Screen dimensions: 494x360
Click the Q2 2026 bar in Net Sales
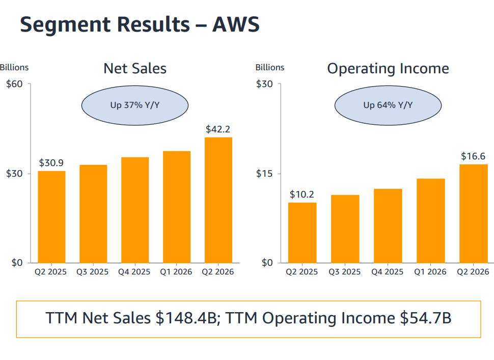point(218,200)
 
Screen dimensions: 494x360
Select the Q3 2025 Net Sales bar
point(93,214)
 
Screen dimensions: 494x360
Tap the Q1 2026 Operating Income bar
point(431,221)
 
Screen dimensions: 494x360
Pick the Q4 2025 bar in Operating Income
point(388,226)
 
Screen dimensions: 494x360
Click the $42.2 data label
point(218,129)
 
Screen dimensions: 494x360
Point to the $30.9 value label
point(51,163)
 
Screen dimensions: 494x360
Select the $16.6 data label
point(473,156)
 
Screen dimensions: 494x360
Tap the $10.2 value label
point(302,195)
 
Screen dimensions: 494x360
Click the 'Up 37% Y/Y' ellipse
point(135,105)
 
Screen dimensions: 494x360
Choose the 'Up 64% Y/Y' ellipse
point(388,105)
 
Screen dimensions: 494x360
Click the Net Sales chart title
point(135,68)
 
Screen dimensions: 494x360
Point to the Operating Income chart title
point(388,69)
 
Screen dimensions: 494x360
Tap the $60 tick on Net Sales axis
point(14,84)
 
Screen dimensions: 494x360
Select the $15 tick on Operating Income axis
point(264,174)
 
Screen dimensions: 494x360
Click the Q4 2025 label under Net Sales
point(134,272)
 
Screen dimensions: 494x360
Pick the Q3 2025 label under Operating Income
point(345,272)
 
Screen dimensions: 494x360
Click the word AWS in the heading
point(236,24)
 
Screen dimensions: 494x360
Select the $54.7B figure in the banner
point(426,318)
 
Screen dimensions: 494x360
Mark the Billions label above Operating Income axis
point(270,67)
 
